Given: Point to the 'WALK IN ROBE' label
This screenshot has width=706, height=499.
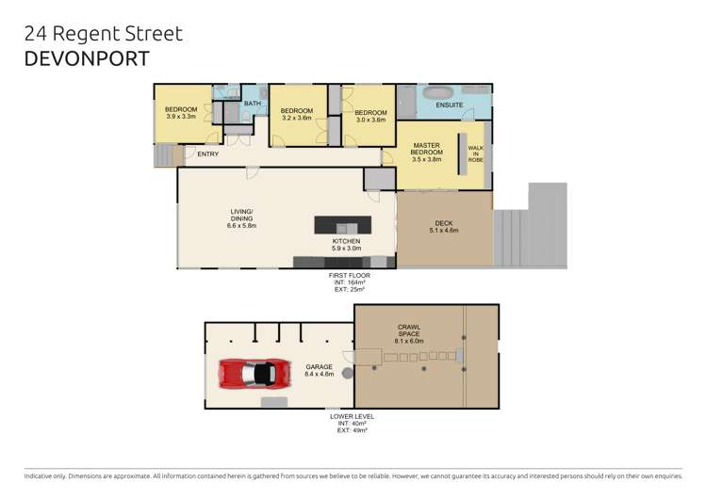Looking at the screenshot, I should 476,154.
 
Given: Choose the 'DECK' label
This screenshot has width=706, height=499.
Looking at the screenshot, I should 443,224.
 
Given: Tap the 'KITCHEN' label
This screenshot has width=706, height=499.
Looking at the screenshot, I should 346,242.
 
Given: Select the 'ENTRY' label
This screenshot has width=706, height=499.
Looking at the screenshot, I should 207,154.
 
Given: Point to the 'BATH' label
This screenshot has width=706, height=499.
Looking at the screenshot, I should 253,104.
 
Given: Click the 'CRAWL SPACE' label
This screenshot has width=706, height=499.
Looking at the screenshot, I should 409,330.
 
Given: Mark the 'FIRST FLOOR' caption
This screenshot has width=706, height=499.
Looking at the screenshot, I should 350,275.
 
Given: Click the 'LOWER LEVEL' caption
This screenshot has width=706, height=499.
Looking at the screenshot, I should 350,415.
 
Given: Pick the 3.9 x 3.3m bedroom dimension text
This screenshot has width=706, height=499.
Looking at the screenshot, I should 181,117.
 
